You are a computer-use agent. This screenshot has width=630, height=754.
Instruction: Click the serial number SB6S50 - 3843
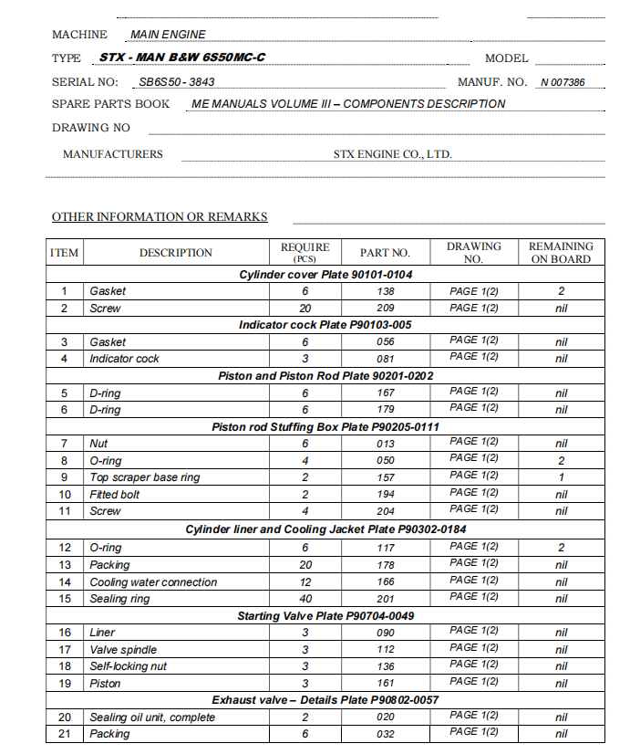point(177,81)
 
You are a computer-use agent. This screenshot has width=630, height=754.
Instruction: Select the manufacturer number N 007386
point(563,82)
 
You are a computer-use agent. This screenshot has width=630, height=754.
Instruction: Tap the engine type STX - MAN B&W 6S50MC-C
point(182,58)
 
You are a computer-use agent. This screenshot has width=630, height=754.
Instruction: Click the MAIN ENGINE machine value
point(169,35)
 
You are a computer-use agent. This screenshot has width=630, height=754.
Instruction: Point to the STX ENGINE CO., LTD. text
point(393,154)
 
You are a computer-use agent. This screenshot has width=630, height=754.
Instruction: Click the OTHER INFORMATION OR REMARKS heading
point(160,217)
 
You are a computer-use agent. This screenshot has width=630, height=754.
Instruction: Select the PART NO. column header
point(385,253)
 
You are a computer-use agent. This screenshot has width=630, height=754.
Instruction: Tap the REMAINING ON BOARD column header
point(561,253)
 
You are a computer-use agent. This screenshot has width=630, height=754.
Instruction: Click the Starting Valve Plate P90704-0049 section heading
point(325,616)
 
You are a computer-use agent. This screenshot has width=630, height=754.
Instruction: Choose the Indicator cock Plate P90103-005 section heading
point(325,325)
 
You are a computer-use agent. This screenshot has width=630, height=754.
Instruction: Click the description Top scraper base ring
point(144,477)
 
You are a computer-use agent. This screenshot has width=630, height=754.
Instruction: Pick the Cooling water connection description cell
point(153,582)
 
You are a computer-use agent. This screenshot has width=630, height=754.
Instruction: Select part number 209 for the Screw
point(385,309)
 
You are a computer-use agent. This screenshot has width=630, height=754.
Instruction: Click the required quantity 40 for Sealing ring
point(305,599)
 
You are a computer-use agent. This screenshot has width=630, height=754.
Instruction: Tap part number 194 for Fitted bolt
point(385,495)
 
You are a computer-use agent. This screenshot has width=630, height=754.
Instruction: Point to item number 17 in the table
point(65,650)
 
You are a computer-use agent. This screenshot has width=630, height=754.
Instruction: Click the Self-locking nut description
point(128,666)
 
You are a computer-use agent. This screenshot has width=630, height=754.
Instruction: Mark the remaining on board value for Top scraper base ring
point(561,477)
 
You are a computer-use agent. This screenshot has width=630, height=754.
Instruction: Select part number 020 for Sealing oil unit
point(385,717)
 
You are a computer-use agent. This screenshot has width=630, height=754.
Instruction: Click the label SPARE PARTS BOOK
point(110,104)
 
